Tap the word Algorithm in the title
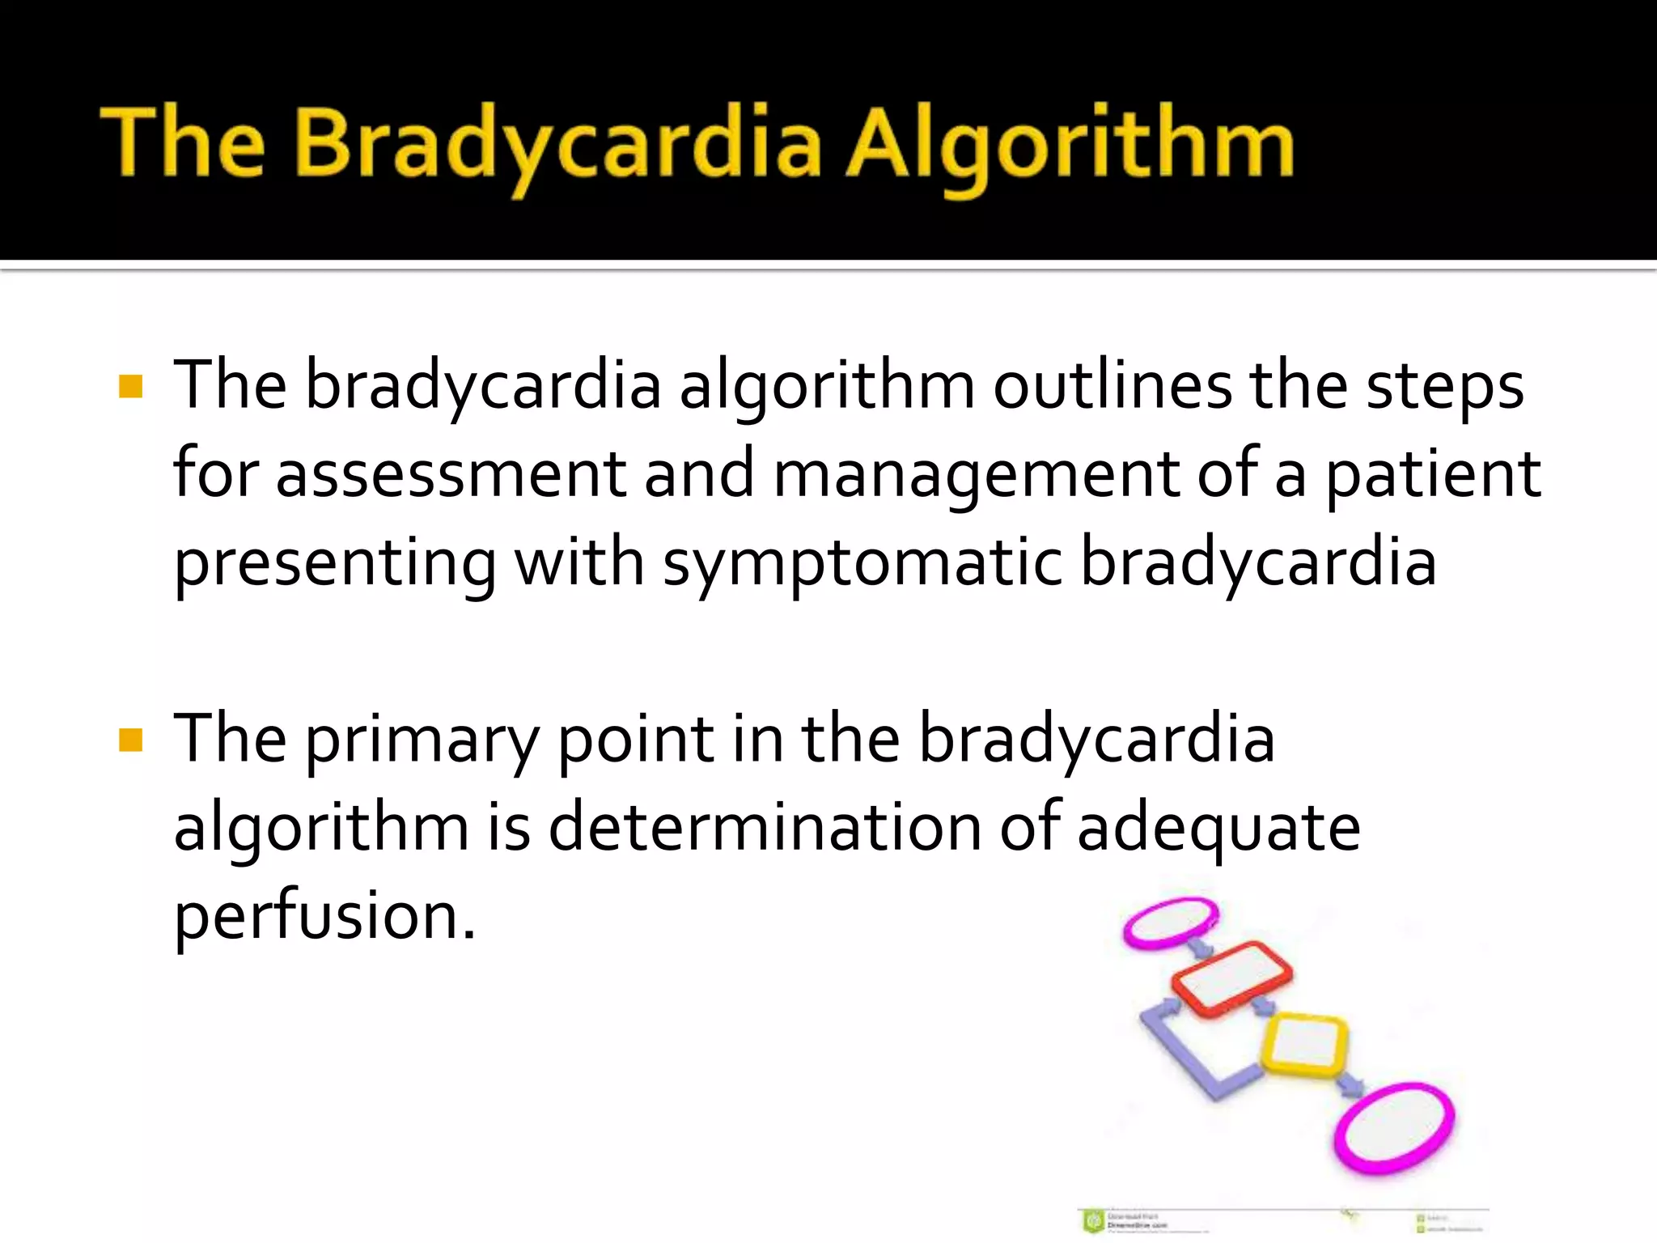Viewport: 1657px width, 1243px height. point(1070,146)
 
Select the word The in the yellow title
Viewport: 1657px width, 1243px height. point(182,144)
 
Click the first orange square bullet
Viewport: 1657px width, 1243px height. point(130,387)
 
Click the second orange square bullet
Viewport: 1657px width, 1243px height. point(130,740)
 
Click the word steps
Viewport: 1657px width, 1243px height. point(1445,387)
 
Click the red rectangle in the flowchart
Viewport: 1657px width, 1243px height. point(1231,978)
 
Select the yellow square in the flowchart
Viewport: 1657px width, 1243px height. point(1305,1044)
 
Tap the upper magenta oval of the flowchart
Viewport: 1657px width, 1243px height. point(1170,923)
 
